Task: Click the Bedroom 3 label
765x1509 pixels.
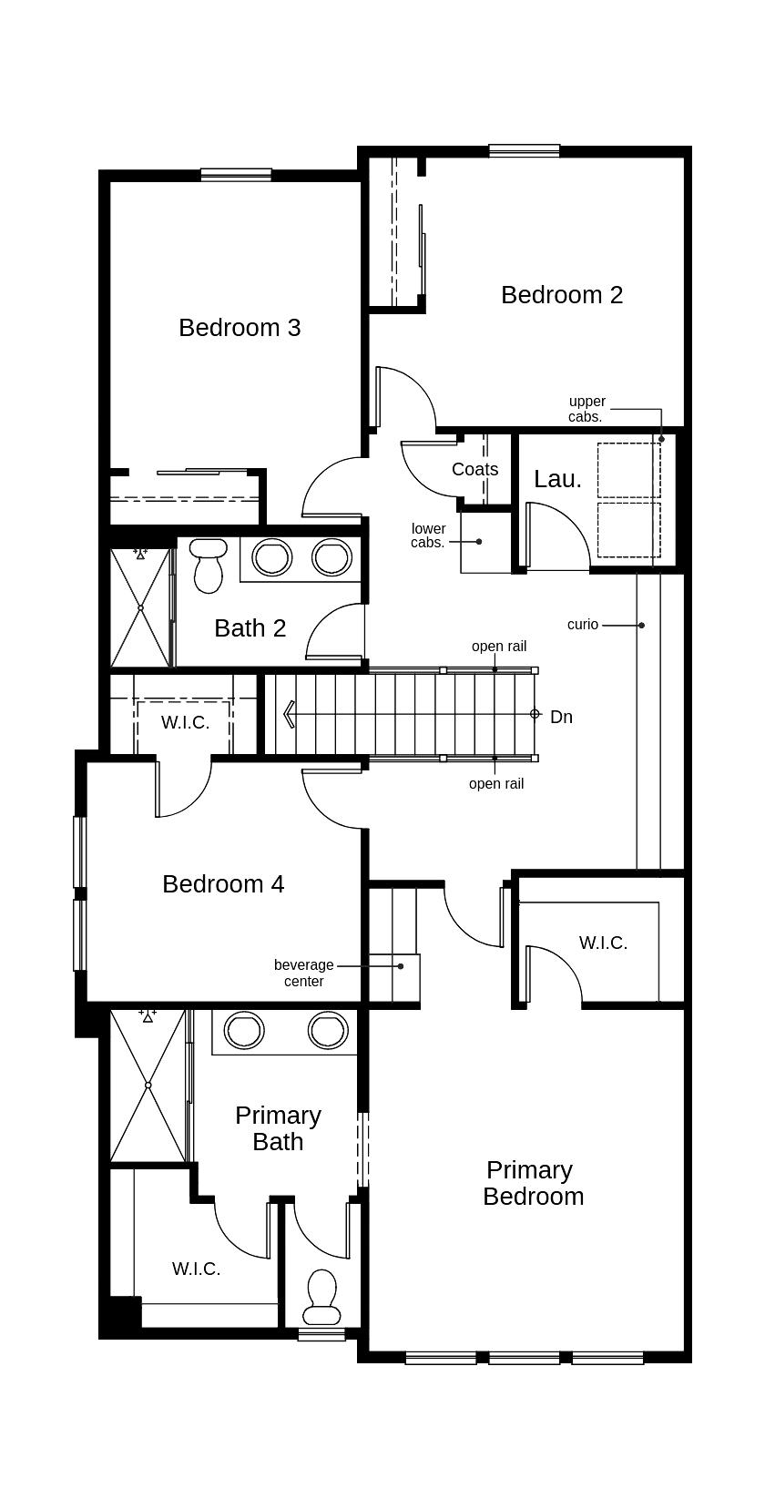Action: (x=240, y=328)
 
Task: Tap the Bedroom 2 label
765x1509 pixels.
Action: (x=562, y=295)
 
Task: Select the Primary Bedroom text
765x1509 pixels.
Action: (x=533, y=1183)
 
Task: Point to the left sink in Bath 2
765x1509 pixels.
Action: (x=272, y=557)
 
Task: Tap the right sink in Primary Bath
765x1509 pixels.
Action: (x=328, y=1030)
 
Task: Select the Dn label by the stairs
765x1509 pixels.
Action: (x=561, y=718)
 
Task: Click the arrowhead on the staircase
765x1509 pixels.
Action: (x=290, y=714)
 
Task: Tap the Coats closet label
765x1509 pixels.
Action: (x=474, y=470)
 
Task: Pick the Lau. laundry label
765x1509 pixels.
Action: (x=557, y=480)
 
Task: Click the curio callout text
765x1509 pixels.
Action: (x=583, y=625)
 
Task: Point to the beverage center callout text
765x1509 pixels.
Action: (x=304, y=974)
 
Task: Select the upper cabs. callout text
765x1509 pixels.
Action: (x=586, y=409)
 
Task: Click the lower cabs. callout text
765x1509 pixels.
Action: (x=428, y=535)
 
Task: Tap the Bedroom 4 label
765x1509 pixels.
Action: (x=223, y=884)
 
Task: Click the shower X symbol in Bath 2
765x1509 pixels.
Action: (x=140, y=607)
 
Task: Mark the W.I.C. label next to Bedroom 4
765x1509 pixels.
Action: (x=185, y=723)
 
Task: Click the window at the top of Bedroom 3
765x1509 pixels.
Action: (x=236, y=174)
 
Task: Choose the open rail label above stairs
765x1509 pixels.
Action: (x=499, y=647)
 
